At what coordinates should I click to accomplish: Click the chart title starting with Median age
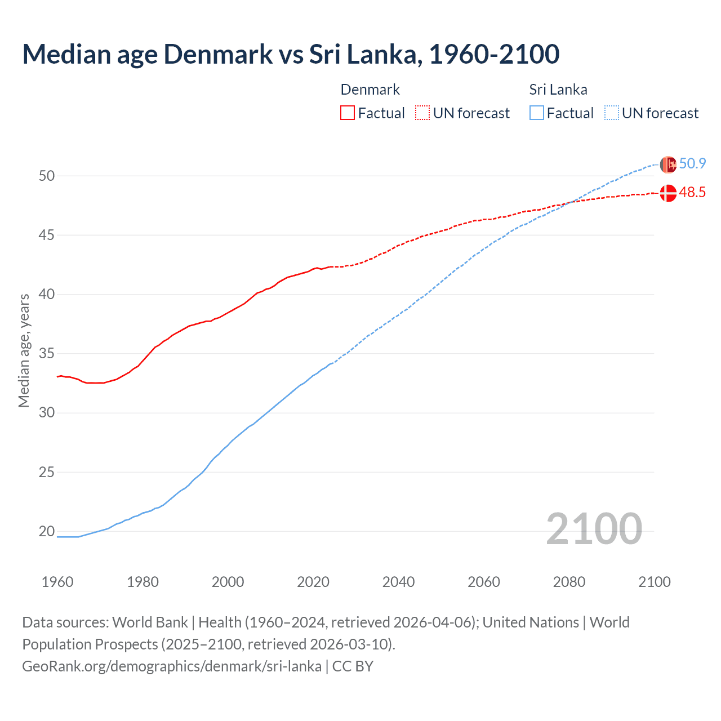291,54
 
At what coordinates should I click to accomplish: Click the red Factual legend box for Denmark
348,113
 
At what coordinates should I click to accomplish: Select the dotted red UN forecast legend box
422,113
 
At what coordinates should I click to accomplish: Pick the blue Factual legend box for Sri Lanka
537,113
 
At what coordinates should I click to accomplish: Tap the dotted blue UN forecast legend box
612,113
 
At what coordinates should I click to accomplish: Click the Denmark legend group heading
370,90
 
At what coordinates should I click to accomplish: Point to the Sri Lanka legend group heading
558,90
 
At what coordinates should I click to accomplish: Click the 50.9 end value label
692,164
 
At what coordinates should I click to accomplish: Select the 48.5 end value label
692,193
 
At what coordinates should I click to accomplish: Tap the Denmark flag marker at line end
668,193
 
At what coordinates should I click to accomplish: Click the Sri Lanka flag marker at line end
668,164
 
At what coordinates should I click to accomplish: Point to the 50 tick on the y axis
47,176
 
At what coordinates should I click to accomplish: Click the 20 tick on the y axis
47,531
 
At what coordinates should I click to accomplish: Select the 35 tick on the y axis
47,354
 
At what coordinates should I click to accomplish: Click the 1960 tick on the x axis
57,582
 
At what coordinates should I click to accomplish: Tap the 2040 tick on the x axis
398,582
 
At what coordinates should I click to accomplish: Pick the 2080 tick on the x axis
569,582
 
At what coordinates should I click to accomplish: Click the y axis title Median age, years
24,350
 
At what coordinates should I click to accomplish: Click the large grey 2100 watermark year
594,529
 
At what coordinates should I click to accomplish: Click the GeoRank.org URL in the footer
172,666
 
